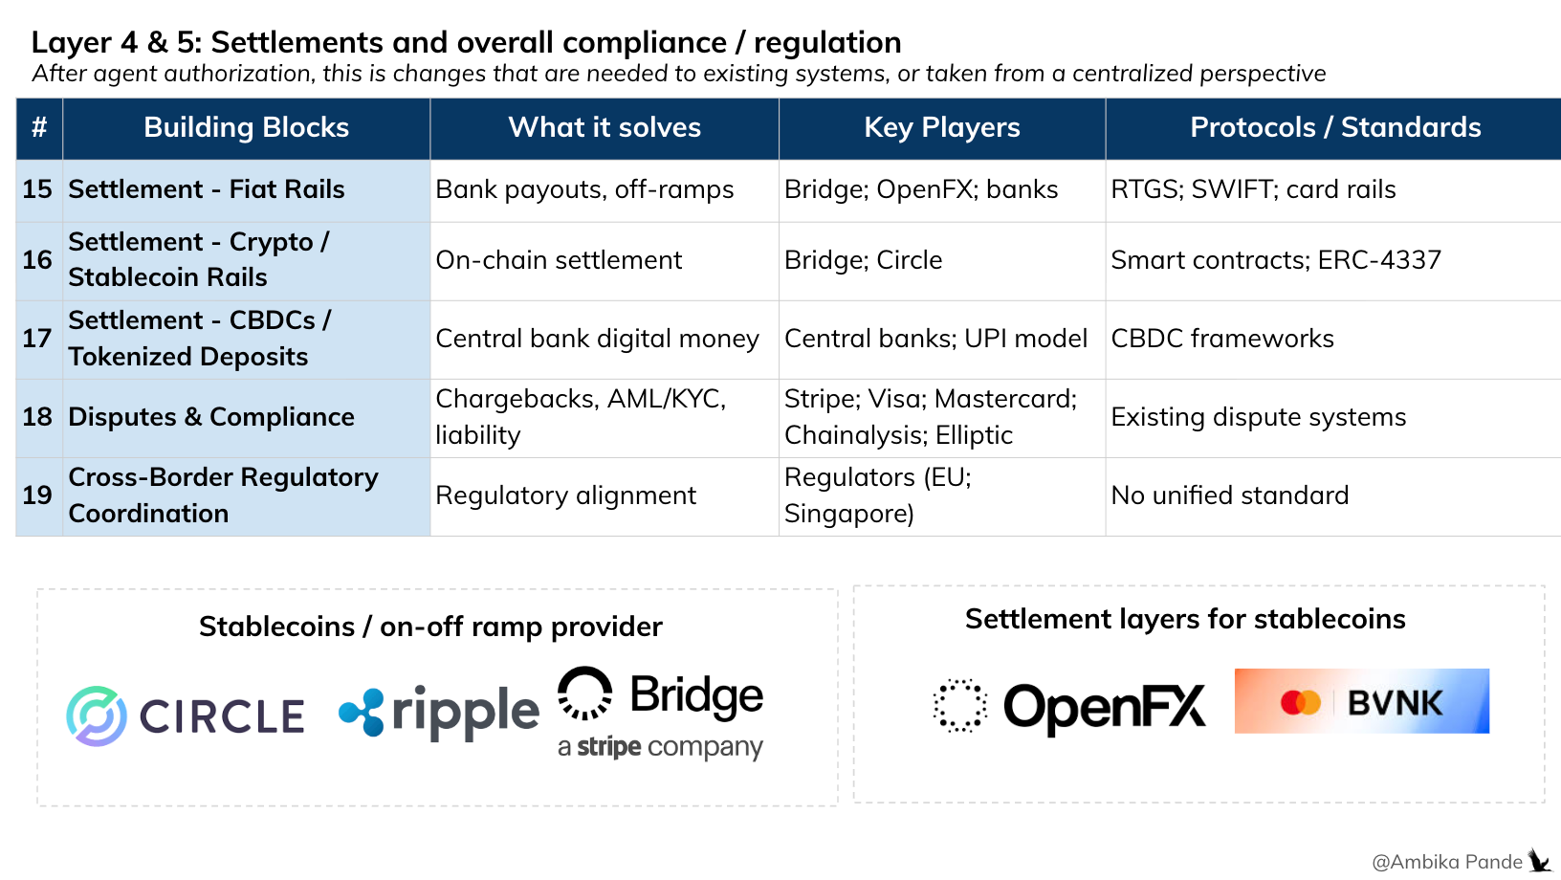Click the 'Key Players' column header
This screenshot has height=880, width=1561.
coord(941,127)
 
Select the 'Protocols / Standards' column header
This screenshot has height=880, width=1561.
coord(1335,127)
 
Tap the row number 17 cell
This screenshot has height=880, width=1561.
coord(37,339)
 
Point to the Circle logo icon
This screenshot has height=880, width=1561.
coord(97,716)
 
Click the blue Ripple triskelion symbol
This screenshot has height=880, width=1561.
coord(362,712)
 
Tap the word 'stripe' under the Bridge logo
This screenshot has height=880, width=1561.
coord(609,747)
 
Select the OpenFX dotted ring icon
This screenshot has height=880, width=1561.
coord(959,705)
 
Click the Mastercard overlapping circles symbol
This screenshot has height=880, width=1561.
coord(1301,702)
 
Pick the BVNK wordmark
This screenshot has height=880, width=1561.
coord(1396,703)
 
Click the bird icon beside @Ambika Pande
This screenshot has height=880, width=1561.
coord(1539,861)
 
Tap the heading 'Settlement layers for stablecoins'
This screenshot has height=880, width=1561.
coord(1185,619)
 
